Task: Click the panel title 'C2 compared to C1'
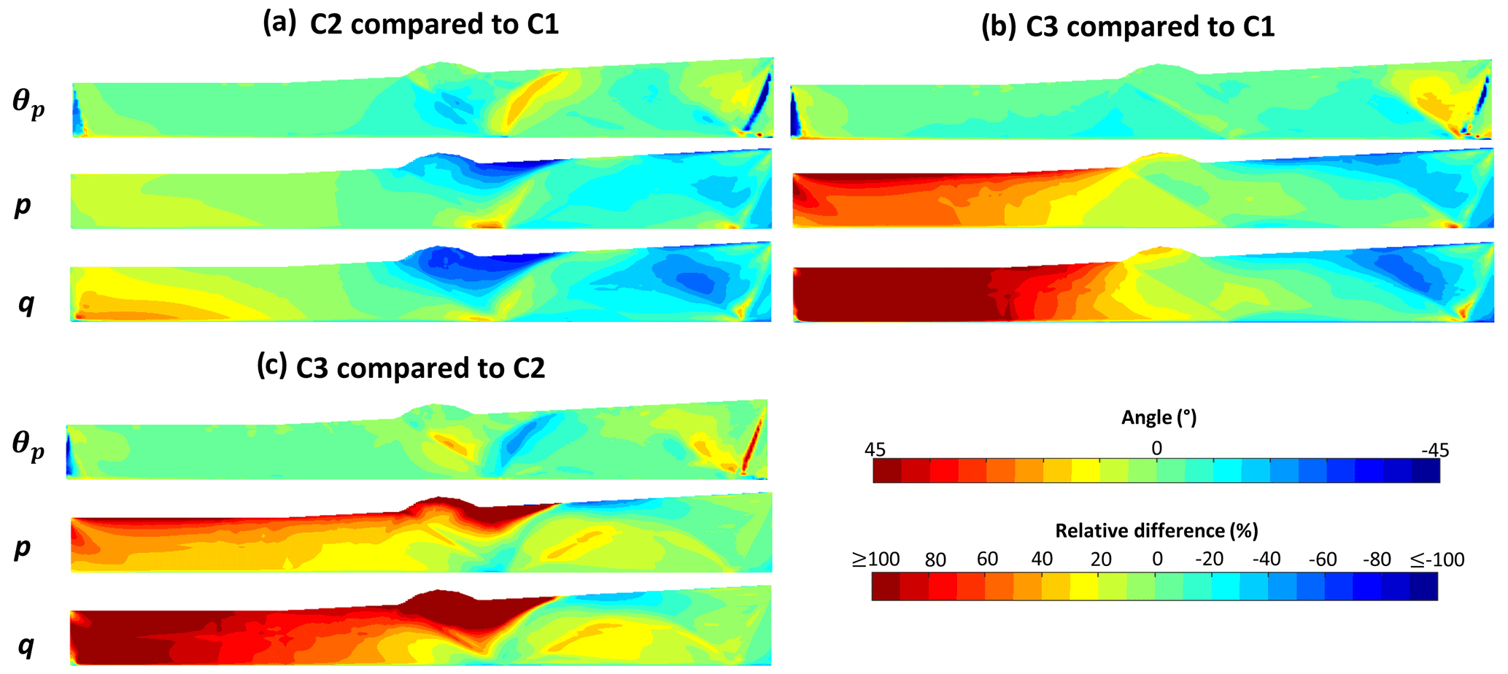point(434,25)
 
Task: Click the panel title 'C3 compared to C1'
point(1151,27)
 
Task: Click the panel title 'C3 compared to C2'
point(420,368)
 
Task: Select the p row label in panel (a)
point(23,206)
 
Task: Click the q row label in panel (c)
point(26,645)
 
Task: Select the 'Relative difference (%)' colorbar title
point(1156,530)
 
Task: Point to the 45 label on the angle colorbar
point(875,449)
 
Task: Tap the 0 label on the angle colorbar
point(1156,448)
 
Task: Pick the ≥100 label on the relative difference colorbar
point(875,559)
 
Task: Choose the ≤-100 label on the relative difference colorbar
point(1437,559)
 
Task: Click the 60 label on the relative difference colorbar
point(987,559)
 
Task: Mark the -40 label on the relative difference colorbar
point(1266,559)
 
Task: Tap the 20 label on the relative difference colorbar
point(1101,559)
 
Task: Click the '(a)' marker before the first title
point(279,24)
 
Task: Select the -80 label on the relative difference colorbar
point(1377,559)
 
